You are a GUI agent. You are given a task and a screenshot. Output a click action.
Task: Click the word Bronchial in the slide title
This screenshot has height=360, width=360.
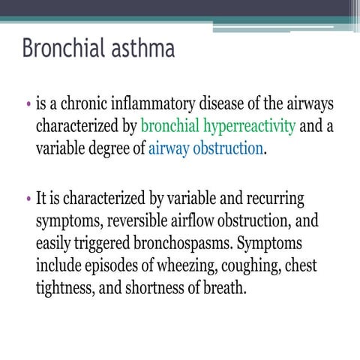click(x=62, y=49)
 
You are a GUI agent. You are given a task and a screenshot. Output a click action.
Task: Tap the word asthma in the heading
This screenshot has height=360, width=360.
click(x=142, y=49)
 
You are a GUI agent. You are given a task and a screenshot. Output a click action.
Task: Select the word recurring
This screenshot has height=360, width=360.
click(x=273, y=200)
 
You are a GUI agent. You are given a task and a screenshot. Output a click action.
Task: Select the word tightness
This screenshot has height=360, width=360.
click(x=64, y=287)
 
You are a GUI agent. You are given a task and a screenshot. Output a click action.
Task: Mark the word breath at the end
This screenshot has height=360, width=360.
click(x=225, y=287)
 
